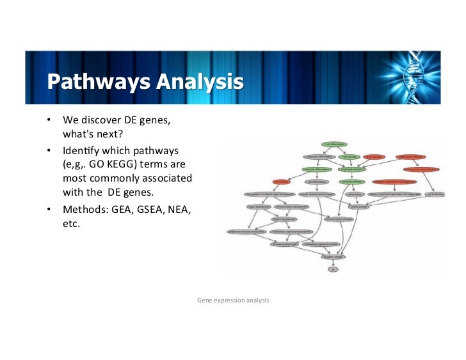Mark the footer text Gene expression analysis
(233, 299)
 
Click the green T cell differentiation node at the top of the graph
(334, 145)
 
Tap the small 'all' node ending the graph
(333, 270)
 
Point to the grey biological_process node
(333, 257)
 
